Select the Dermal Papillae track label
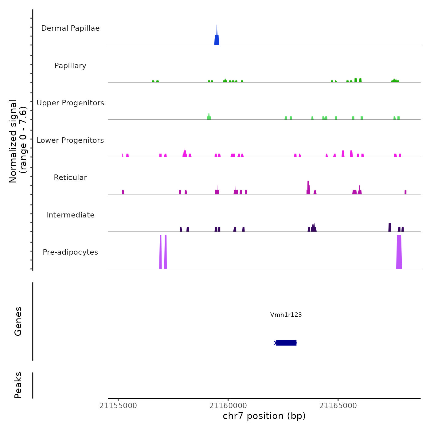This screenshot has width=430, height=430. tap(70, 28)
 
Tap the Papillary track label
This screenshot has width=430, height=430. tap(70, 66)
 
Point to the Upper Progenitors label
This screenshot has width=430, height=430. tap(70, 103)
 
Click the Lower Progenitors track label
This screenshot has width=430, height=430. tap(70, 140)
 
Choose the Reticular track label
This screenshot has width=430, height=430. tap(70, 178)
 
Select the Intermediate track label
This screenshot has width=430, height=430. tap(70, 215)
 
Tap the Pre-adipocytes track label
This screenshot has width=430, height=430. tap(70, 252)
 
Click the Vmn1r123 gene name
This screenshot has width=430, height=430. tap(286, 315)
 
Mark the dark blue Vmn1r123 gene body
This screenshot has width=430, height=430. tap(286, 343)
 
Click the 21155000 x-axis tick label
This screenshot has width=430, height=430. tap(118, 406)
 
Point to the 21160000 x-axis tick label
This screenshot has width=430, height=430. tap(228, 406)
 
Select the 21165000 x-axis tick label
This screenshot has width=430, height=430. tap(338, 406)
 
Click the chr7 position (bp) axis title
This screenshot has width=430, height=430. tap(264, 416)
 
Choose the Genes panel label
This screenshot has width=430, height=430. tap(18, 321)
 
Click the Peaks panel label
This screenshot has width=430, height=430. tap(18, 385)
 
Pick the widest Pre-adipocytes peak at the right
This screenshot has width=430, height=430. tap(399, 252)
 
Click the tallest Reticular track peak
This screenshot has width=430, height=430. tap(308, 188)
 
